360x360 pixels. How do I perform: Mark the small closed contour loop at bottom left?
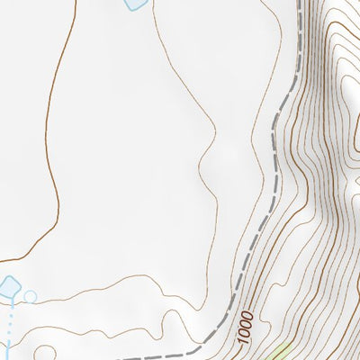49,346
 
